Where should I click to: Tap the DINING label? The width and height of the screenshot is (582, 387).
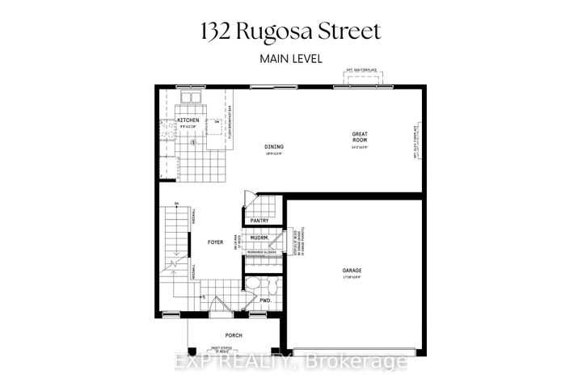click(x=274, y=147)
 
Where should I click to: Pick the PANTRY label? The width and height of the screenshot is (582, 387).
click(x=259, y=220)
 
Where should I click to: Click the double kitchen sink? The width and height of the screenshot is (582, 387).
click(x=191, y=99)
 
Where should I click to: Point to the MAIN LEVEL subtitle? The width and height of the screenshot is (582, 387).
click(x=291, y=58)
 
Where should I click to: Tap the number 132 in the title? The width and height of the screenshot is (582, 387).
click(x=213, y=32)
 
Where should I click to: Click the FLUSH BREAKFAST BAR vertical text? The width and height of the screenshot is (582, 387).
click(x=230, y=121)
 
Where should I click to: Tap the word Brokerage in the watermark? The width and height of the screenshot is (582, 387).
click(x=368, y=363)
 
